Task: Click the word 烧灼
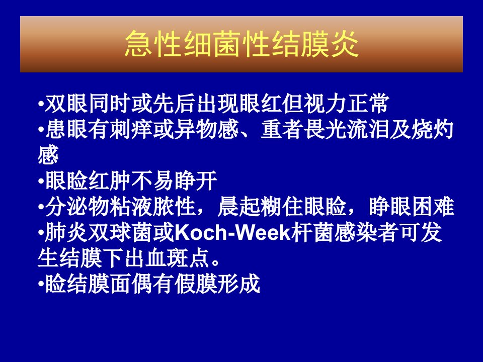(433, 129)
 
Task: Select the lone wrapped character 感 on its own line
(48, 155)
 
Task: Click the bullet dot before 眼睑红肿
(41, 182)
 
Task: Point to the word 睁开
(196, 180)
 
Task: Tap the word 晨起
(239, 206)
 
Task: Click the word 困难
(433, 206)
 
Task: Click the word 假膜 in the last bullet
(196, 284)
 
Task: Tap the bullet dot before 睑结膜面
(41, 285)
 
